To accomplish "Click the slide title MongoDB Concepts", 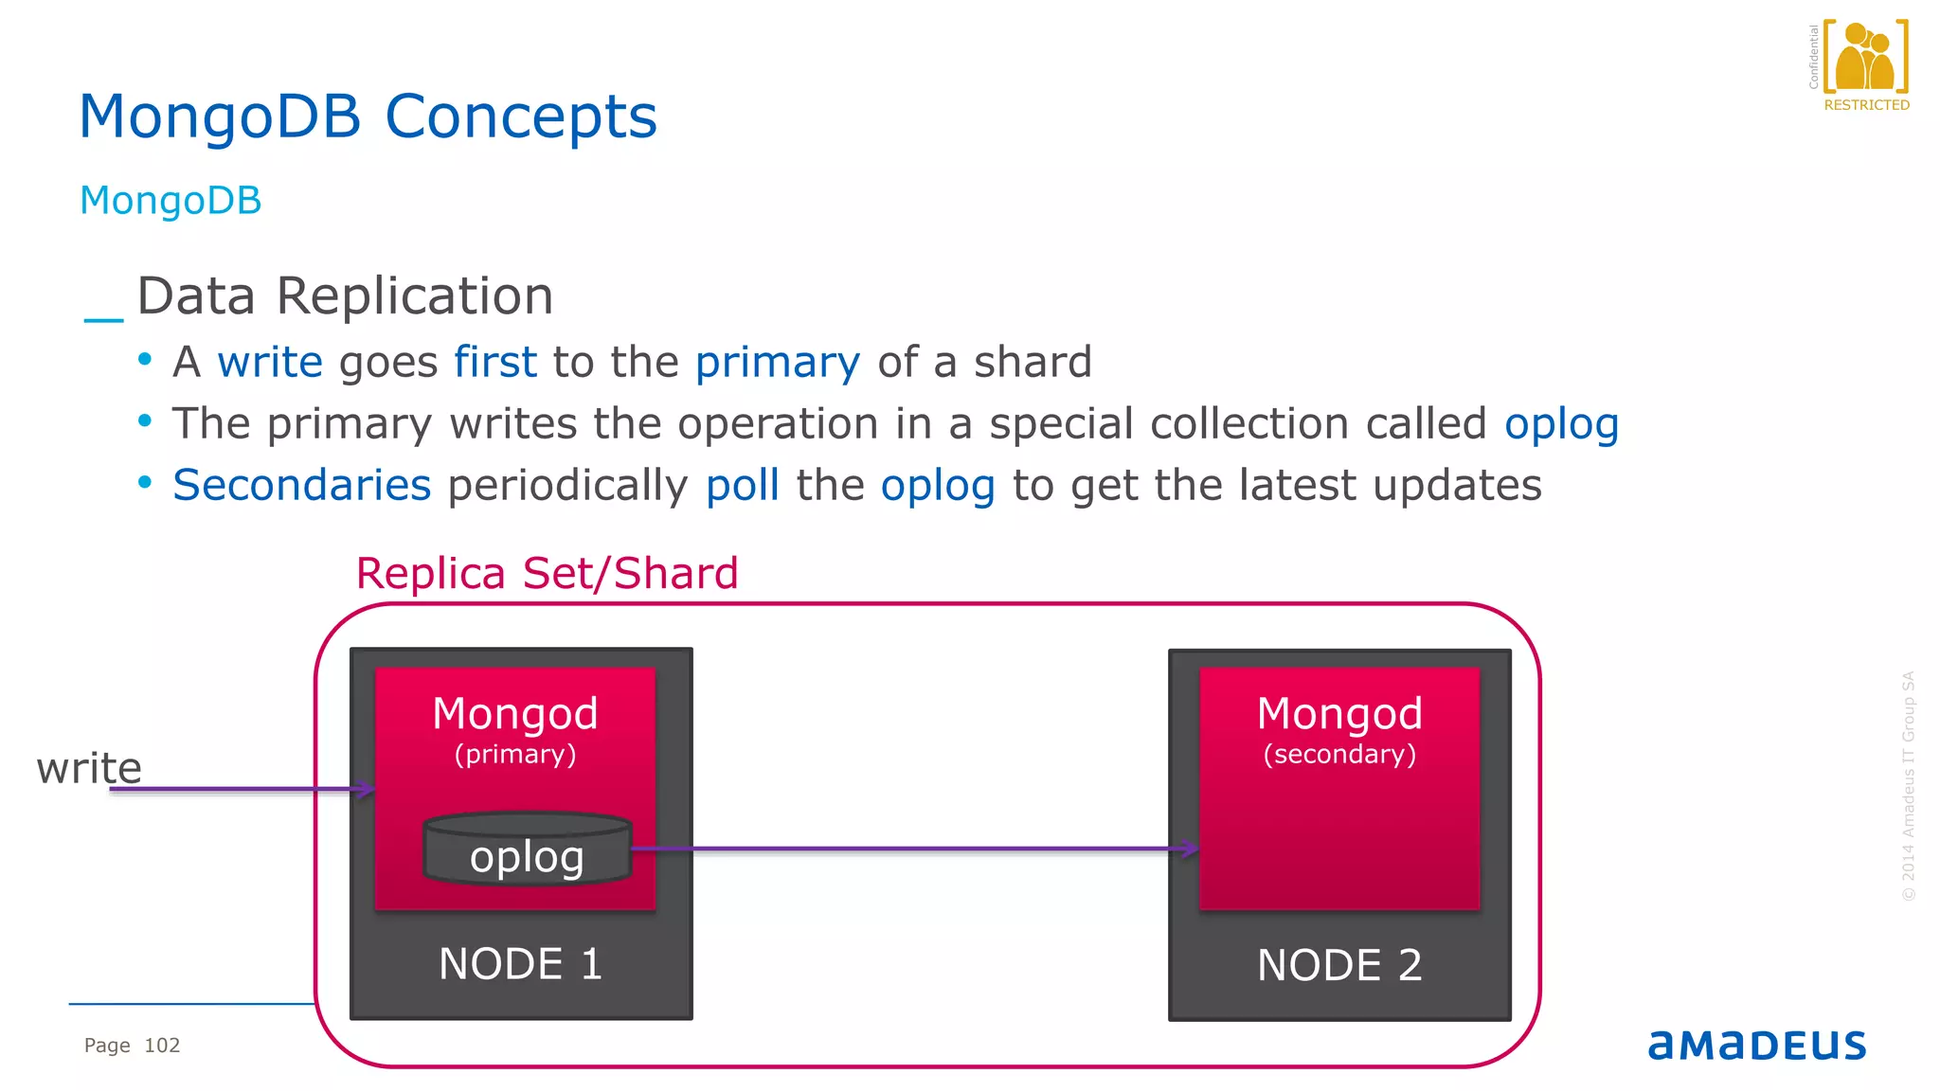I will pyautogui.click(x=368, y=117).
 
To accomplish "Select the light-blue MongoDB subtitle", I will pyautogui.click(x=171, y=201).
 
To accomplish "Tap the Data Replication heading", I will pyautogui.click(x=345, y=296).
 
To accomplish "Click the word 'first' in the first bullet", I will pyautogui.click(x=494, y=362).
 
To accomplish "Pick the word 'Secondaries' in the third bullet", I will pyautogui.click(x=301, y=485).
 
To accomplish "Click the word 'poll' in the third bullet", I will pyautogui.click(x=742, y=485).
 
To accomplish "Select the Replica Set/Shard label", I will pyautogui.click(x=547, y=573).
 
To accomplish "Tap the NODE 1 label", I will pyautogui.click(x=520, y=964).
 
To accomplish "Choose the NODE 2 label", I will pyautogui.click(x=1338, y=965).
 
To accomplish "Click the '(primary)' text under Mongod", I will pyautogui.click(x=515, y=754).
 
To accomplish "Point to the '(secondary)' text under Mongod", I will pyautogui.click(x=1339, y=754).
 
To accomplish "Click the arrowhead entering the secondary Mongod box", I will pyautogui.click(x=1190, y=849).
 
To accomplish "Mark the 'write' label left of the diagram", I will pyautogui.click(x=89, y=767).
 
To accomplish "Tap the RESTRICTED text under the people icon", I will pyautogui.click(x=1866, y=105).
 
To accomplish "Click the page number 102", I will pyautogui.click(x=162, y=1046).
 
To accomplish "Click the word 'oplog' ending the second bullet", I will pyautogui.click(x=1561, y=424).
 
